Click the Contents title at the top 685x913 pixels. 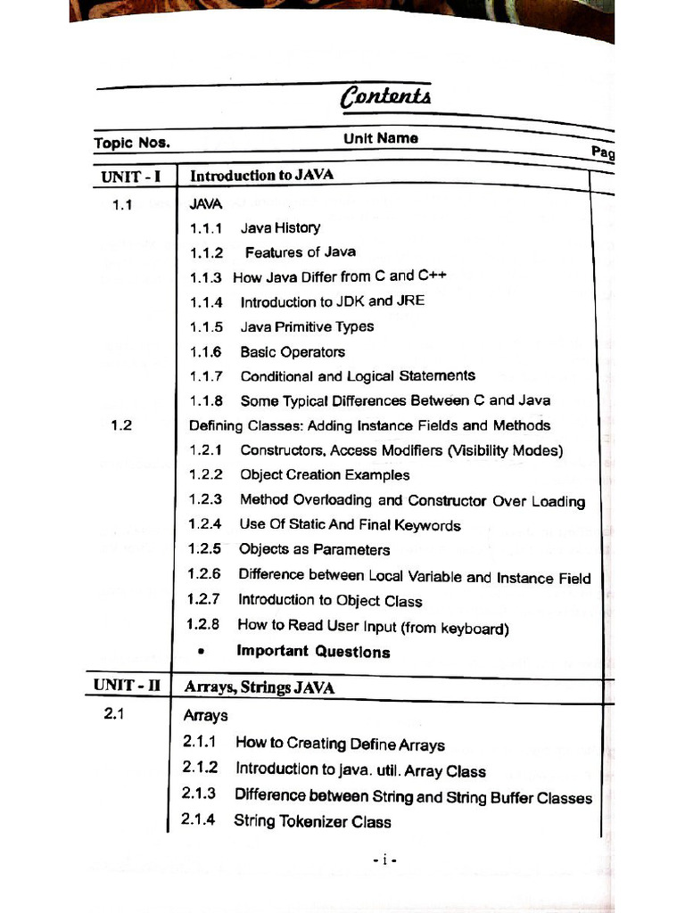pyautogui.click(x=385, y=96)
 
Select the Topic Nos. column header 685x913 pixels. pyautogui.click(x=131, y=143)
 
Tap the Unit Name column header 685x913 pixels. pyautogui.click(x=381, y=138)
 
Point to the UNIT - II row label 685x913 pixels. pyautogui.click(x=127, y=686)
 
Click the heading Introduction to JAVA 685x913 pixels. pyautogui.click(x=261, y=175)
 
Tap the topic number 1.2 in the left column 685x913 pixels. pyautogui.click(x=121, y=425)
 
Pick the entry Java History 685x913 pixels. pyautogui.click(x=280, y=227)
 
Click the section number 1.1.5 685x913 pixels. pyautogui.click(x=206, y=326)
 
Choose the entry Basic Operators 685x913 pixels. pyautogui.click(x=293, y=351)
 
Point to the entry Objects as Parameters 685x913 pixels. pyautogui.click(x=314, y=549)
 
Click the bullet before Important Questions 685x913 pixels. pyautogui.click(x=202, y=652)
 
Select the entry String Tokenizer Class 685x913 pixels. pyautogui.click(x=312, y=821)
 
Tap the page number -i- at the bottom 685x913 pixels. pyautogui.click(x=384, y=860)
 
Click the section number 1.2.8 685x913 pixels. pyautogui.click(x=203, y=625)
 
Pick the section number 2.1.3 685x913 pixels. pyautogui.click(x=199, y=794)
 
